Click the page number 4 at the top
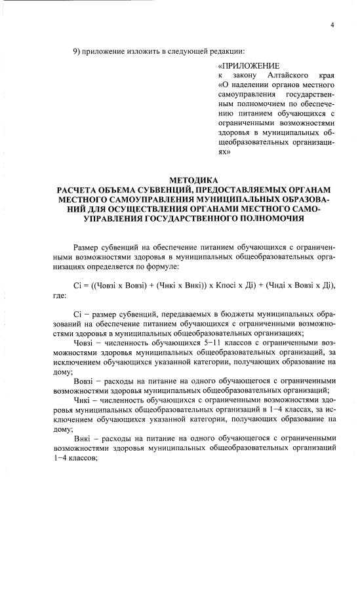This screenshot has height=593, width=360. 332,24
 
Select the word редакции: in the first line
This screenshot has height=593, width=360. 226,51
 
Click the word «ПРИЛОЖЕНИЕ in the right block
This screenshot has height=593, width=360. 249,66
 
